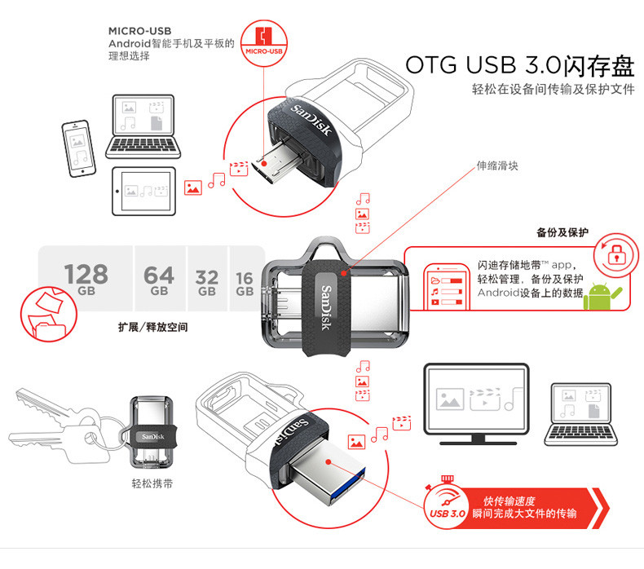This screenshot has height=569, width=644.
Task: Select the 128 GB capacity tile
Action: coord(86,278)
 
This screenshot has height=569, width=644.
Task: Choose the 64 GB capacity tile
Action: coord(159,278)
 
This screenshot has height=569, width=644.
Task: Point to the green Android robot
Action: coord(603,294)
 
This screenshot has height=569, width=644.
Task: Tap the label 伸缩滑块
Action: coord(496,165)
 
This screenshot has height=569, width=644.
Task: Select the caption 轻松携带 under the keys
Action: coord(151,483)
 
